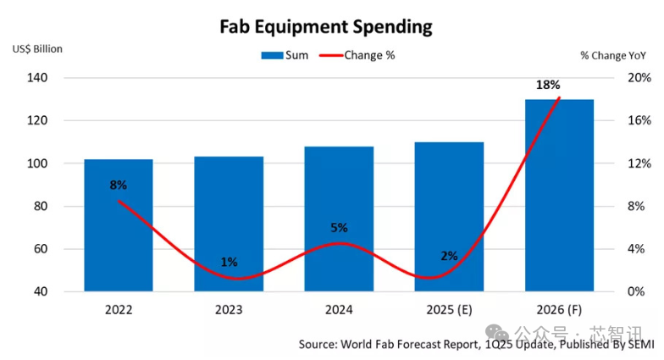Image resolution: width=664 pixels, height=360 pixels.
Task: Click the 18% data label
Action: point(548,86)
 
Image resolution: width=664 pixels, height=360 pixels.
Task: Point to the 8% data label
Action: point(118,185)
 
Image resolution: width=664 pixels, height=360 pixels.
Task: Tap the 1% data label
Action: point(229,262)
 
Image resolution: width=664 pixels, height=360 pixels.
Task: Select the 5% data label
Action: point(339,227)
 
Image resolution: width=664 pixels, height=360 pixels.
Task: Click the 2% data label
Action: point(449,256)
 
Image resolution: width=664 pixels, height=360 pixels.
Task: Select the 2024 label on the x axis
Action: point(339,310)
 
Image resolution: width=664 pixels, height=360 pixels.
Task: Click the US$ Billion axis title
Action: point(37,48)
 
